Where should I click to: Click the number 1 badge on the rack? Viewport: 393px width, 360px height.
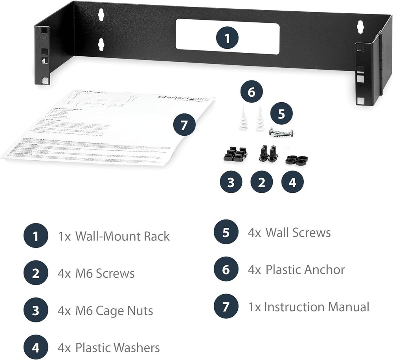click(227, 39)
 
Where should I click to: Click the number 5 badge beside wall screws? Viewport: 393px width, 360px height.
click(281, 114)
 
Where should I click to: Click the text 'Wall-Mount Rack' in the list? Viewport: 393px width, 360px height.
click(122, 236)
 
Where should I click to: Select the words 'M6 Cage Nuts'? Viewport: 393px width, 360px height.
click(114, 311)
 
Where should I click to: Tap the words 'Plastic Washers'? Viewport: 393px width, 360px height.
click(118, 348)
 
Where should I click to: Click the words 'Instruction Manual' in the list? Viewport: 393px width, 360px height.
click(316, 306)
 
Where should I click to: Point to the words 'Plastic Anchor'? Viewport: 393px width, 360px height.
click(305, 270)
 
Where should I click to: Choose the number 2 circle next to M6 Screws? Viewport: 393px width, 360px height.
click(36, 273)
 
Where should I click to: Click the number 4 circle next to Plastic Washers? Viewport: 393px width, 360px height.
click(36, 348)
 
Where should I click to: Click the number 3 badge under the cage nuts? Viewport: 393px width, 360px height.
click(231, 182)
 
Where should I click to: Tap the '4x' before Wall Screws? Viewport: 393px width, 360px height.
click(254, 233)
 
